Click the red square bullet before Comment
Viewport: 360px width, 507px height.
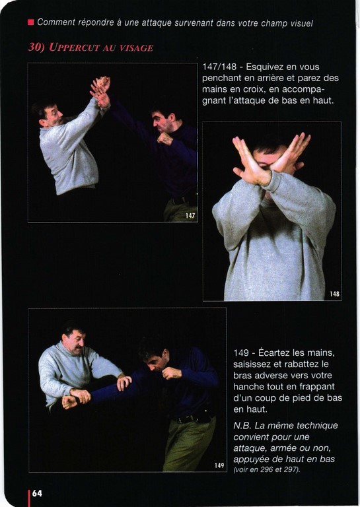(x=31, y=22)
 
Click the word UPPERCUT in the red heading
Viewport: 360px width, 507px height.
(x=73, y=48)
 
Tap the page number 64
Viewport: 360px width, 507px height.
(x=37, y=493)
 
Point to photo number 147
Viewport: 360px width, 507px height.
(x=112, y=143)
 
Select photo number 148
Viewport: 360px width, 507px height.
(x=271, y=211)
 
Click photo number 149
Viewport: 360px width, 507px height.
(x=127, y=390)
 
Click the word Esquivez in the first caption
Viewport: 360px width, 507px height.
(x=265, y=67)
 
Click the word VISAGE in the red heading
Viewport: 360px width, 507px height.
(x=136, y=48)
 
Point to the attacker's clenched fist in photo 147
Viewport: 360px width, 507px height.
(x=164, y=139)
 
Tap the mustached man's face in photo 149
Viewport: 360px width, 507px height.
(x=75, y=343)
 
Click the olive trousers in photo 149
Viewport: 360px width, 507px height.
(x=189, y=444)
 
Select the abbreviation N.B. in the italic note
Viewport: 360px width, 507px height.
(x=242, y=426)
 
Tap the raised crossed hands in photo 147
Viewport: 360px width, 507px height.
(x=100, y=92)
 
